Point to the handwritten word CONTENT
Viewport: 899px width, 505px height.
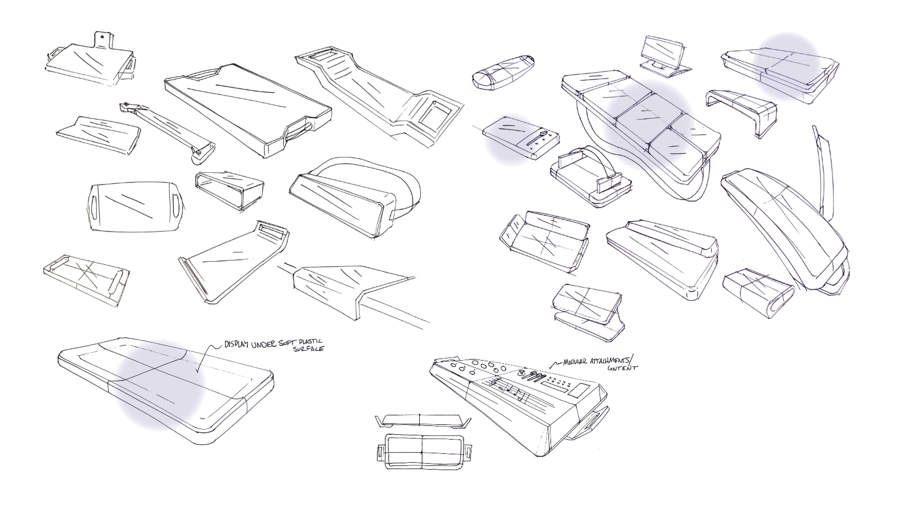click(622, 368)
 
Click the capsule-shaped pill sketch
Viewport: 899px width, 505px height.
click(503, 73)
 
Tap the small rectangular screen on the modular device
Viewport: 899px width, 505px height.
click(579, 390)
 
